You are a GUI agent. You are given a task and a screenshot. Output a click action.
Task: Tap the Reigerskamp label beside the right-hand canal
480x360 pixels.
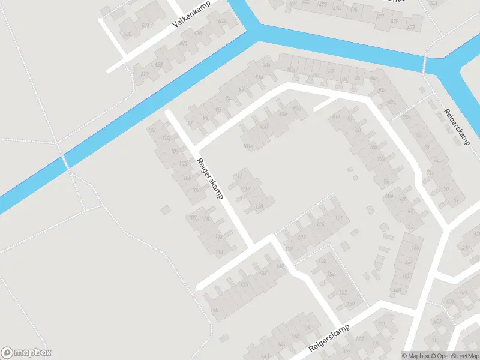click(x=457, y=127)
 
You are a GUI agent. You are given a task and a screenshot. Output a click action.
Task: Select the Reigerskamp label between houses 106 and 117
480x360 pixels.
click(x=210, y=179)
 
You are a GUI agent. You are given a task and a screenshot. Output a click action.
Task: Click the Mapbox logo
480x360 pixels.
click(x=27, y=353)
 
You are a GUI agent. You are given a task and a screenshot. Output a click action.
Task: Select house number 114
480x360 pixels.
click(x=219, y=252)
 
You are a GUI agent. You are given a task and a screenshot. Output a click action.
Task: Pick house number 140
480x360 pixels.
click(x=214, y=310)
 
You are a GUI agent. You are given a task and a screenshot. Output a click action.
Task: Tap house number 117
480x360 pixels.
click(x=246, y=190)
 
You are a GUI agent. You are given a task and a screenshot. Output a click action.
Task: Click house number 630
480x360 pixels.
click(x=127, y=34)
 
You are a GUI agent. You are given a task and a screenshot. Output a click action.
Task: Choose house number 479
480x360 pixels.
click(x=411, y=27)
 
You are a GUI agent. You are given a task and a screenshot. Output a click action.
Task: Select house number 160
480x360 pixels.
click(x=397, y=290)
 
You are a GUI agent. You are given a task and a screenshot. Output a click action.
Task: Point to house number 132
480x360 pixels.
click(x=263, y=273)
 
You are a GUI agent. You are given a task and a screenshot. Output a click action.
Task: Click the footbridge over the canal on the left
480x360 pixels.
click(x=65, y=161)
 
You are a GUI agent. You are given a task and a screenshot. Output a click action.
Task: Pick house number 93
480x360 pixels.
click(x=242, y=90)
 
